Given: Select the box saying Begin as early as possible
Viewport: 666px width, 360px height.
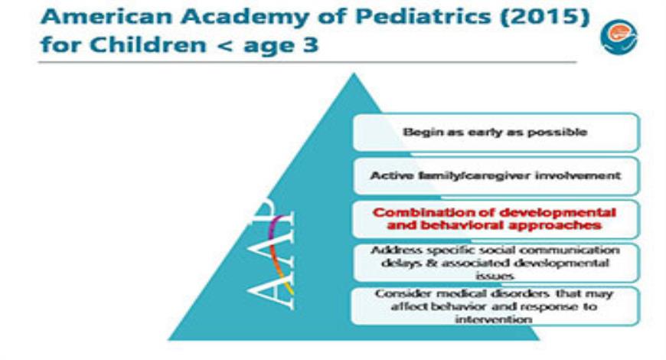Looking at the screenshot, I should point(495,132).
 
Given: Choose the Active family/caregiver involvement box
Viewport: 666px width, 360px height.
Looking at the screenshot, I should point(495,175).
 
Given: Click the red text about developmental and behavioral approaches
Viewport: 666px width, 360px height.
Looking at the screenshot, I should point(495,219).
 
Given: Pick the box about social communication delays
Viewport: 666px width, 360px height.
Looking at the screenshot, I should point(495,263).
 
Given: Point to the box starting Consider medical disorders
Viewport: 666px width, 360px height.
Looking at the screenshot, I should point(495,306).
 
